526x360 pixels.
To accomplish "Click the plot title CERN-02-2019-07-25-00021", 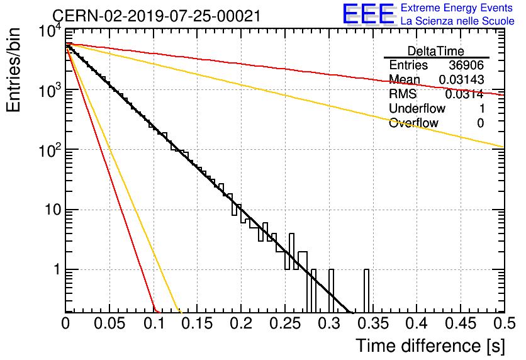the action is [156, 16].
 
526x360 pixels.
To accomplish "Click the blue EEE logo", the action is [369, 14].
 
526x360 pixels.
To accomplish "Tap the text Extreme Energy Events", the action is [457, 8].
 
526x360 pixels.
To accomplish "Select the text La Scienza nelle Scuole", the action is [457, 21].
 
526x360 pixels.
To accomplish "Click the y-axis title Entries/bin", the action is [13, 70].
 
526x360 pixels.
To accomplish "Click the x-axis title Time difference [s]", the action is [430, 346].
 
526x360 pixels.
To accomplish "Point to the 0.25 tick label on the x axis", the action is [285, 323].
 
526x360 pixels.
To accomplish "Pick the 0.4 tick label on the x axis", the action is [417, 323].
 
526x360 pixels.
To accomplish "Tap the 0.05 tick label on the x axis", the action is [109, 323].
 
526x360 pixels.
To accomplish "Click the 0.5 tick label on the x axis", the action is [505, 323].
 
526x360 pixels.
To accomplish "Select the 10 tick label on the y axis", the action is [53, 210].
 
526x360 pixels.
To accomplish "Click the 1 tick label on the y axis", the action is [57, 269].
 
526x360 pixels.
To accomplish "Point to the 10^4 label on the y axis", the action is [50, 31].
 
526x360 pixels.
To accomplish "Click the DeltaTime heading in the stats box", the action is [436, 51].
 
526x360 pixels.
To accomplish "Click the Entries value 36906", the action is [466, 65].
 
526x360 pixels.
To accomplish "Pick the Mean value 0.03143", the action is [462, 79].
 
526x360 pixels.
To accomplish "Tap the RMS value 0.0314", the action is [464, 94].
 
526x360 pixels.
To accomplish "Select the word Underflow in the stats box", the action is [417, 108].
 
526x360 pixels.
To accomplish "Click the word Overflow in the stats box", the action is [413, 123].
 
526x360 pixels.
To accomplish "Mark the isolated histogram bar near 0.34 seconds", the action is [366, 291].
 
